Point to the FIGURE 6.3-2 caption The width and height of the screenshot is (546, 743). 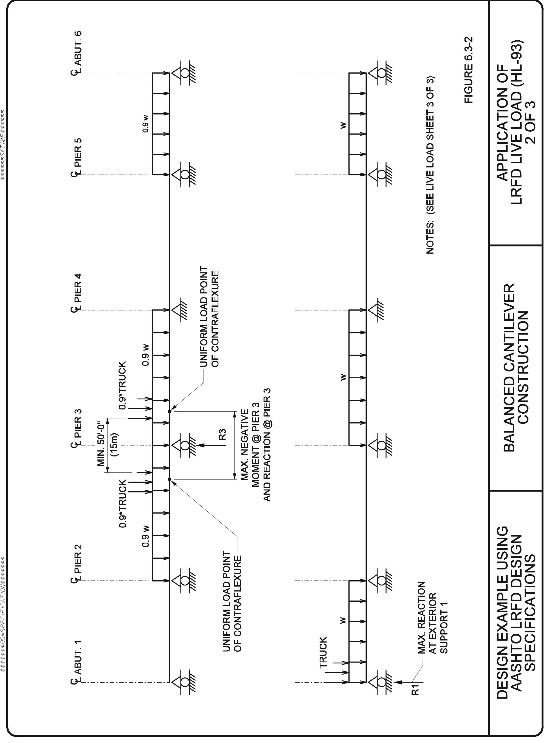(x=469, y=70)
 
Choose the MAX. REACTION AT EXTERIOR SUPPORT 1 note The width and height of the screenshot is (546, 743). (x=432, y=618)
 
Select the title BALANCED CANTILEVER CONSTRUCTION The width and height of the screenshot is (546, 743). (x=516, y=367)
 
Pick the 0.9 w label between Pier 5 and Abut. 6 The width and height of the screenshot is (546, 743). (x=145, y=123)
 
